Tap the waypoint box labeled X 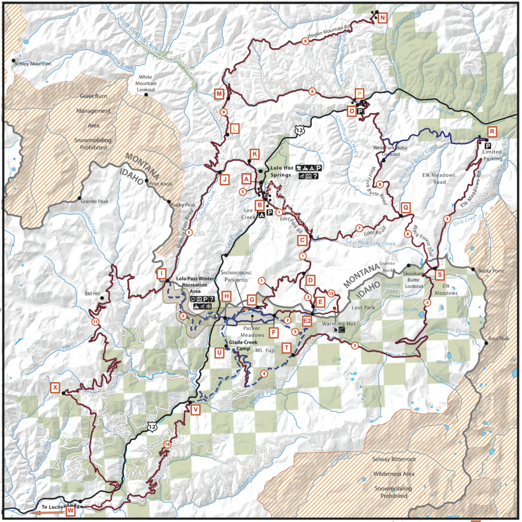[55, 387]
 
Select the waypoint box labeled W [70, 512]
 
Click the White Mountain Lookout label [145, 83]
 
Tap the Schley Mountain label [33, 64]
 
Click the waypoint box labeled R [492, 131]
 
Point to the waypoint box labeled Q [405, 207]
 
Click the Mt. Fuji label [265, 351]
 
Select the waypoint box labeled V [194, 409]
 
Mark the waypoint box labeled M [219, 94]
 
